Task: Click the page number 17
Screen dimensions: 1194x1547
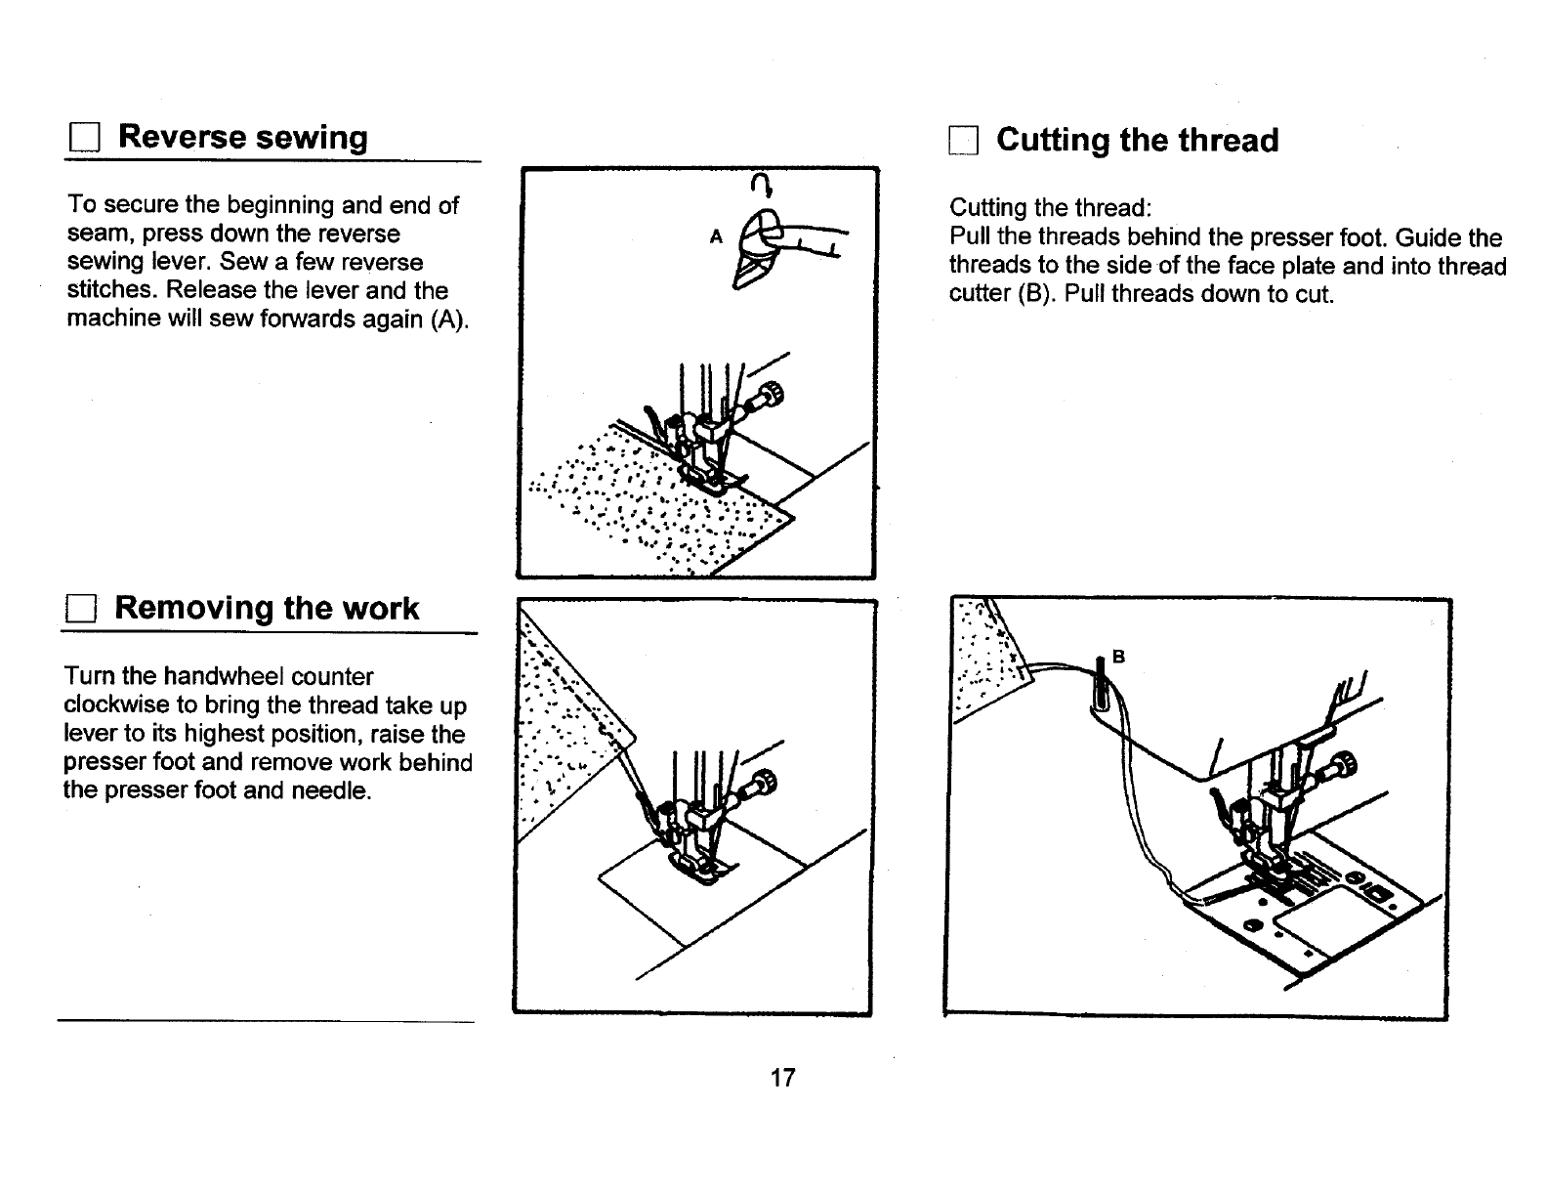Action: pos(783,1078)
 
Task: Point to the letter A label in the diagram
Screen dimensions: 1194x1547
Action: pos(716,236)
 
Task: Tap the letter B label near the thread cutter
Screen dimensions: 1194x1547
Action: pos(1120,657)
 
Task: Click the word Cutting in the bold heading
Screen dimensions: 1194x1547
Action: pos(1052,141)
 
